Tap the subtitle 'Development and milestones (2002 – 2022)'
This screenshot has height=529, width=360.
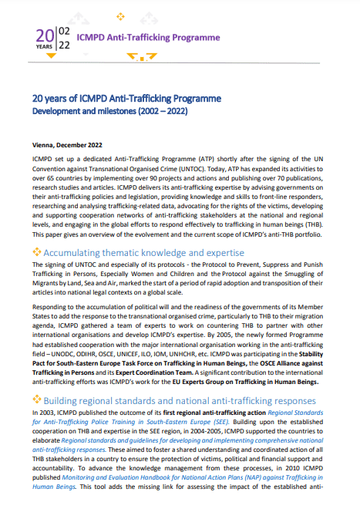[109, 112]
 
